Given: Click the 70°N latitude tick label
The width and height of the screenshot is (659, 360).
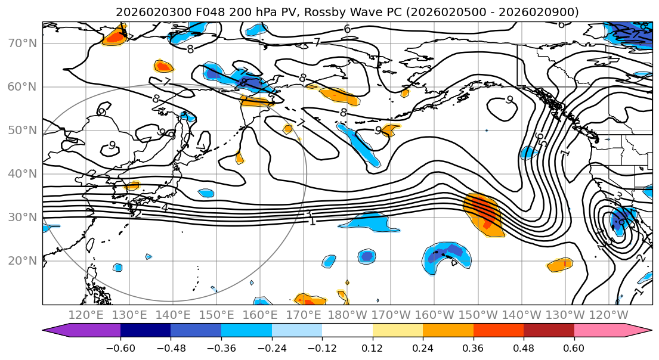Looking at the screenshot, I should tap(22, 44).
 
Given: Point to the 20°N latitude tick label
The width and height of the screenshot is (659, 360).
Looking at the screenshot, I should tap(22, 260).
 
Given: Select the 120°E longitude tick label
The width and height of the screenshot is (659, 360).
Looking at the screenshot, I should tap(86, 315).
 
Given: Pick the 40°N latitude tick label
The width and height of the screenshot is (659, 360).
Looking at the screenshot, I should tap(22, 174).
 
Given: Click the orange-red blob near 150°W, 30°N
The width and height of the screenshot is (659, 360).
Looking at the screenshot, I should tap(484, 214).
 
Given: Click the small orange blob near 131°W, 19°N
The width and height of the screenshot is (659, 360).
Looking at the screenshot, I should tap(560, 263).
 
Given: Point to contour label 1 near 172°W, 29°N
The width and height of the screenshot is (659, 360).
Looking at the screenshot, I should tap(313, 221).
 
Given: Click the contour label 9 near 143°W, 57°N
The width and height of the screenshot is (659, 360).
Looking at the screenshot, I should tap(510, 100).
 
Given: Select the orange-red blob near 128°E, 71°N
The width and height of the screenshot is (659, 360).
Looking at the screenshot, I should tap(115, 38).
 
